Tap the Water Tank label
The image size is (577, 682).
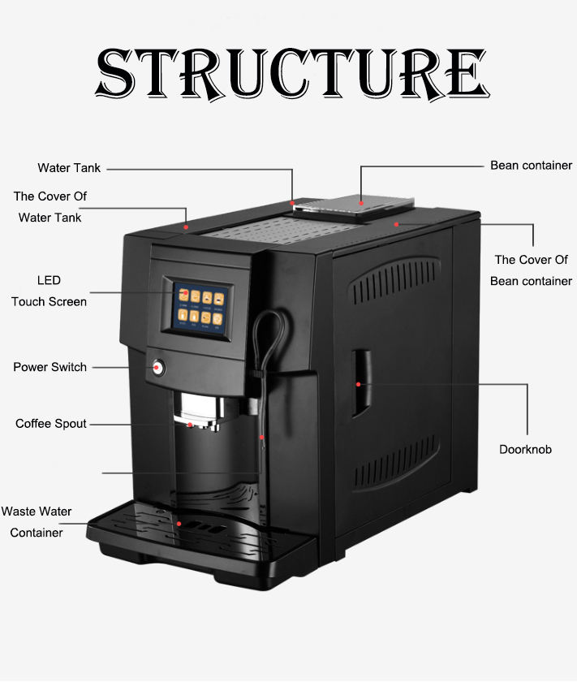(x=69, y=168)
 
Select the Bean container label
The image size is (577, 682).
(x=531, y=166)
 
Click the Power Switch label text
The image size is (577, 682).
(x=50, y=367)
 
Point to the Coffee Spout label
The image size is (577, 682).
(x=50, y=424)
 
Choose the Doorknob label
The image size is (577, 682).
(x=525, y=449)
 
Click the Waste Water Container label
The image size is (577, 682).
(x=37, y=522)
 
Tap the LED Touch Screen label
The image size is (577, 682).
(x=49, y=291)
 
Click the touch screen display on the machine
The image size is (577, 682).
(x=201, y=306)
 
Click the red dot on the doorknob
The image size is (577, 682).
(x=357, y=382)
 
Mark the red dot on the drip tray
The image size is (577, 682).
(x=179, y=524)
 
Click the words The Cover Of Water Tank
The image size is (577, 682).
(x=50, y=206)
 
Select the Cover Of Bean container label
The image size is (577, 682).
(x=531, y=270)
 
